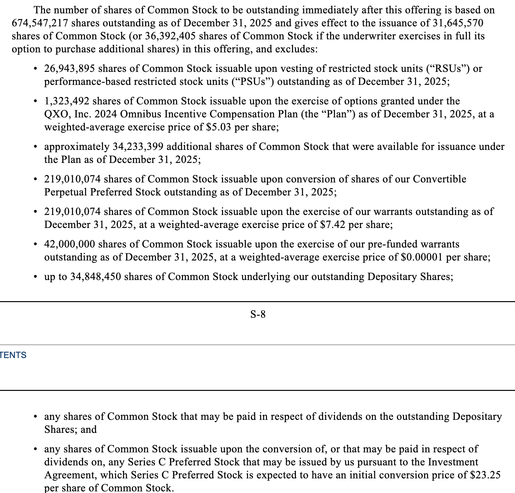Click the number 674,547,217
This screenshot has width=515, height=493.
point(40,23)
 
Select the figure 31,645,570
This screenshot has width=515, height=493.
point(458,23)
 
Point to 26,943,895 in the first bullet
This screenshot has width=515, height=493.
point(69,69)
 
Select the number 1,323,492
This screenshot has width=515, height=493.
point(67,101)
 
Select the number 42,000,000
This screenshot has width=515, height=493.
point(69,244)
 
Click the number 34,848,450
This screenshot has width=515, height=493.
point(96,277)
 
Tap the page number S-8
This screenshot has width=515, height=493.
point(258,314)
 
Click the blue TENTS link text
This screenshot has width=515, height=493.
point(13,355)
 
